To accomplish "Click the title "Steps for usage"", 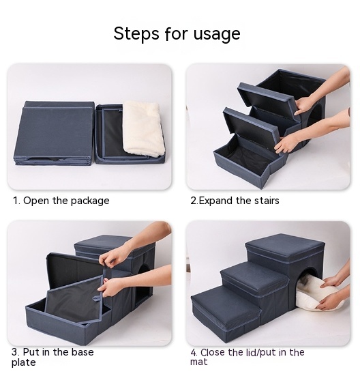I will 177,33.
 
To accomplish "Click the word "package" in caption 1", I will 88,201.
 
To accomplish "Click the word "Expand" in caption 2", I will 216,201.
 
